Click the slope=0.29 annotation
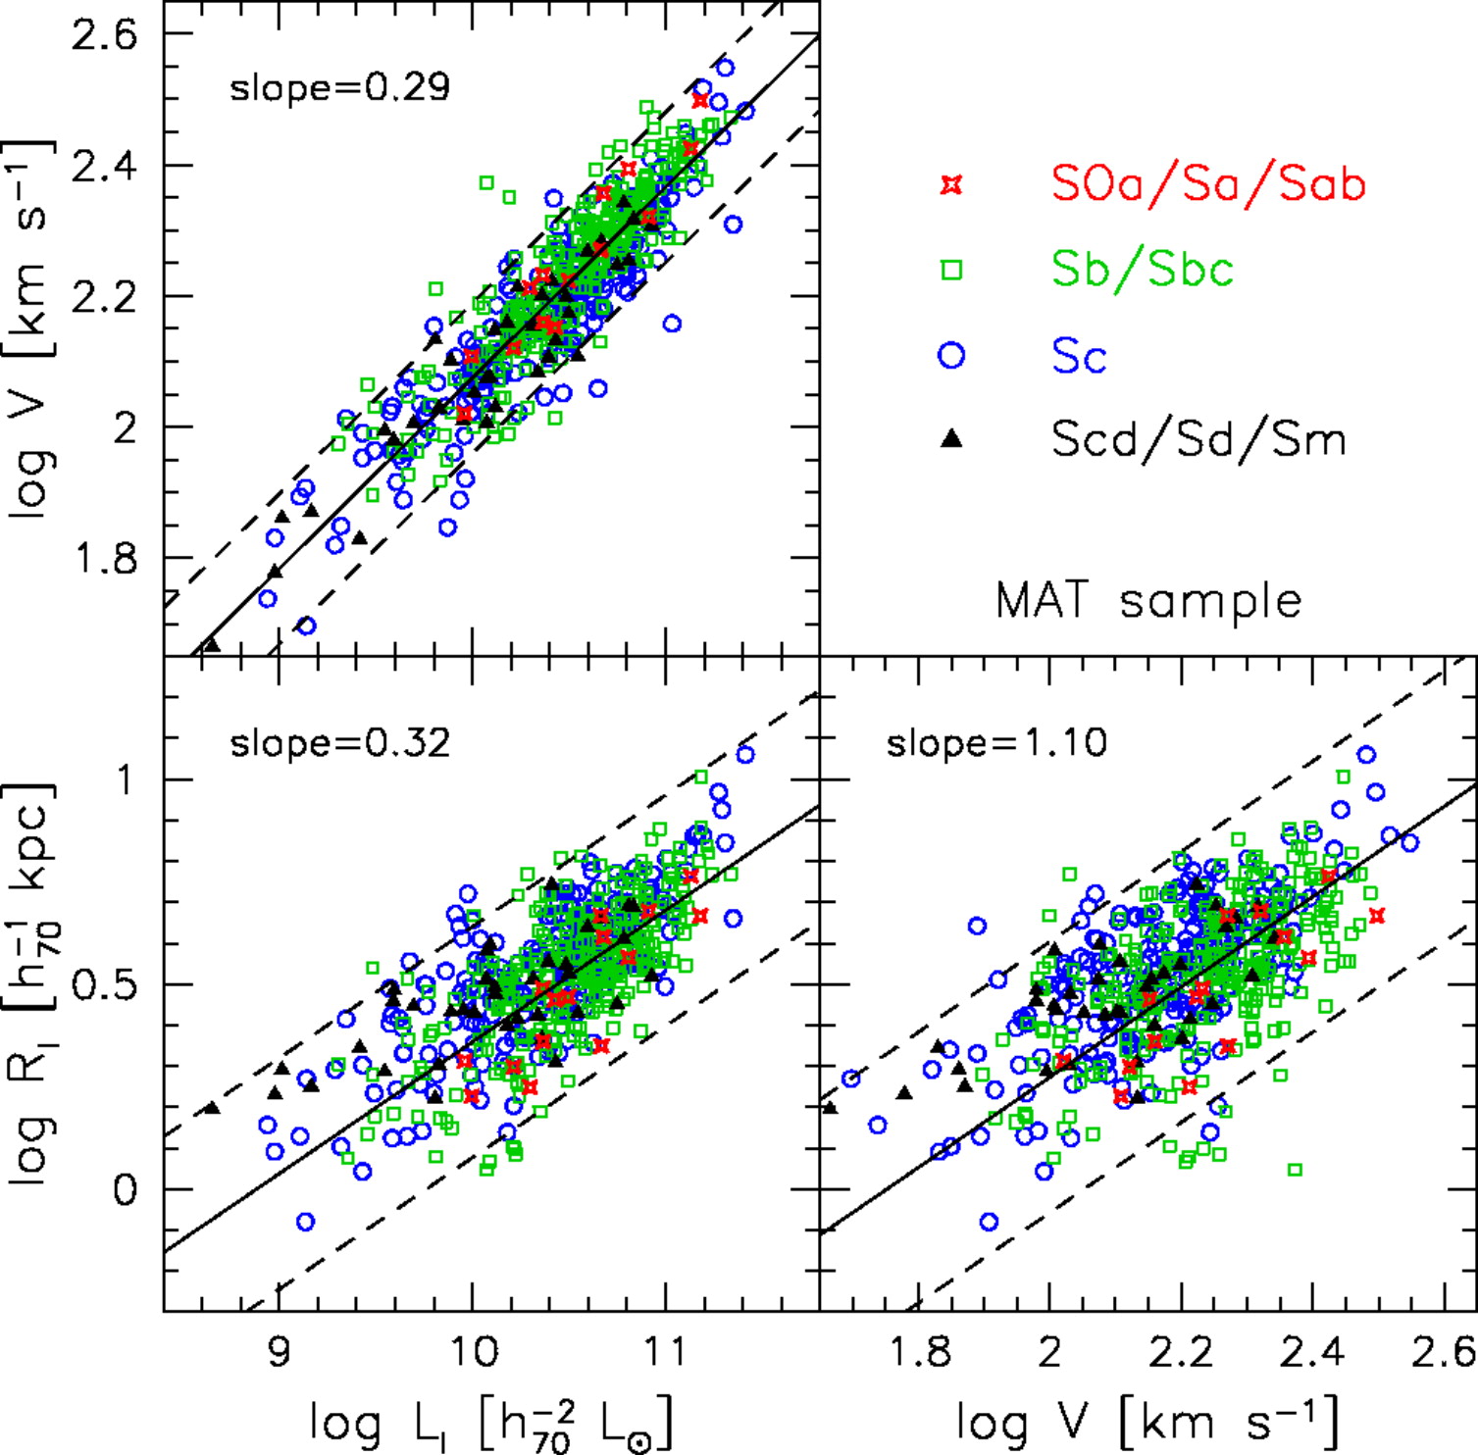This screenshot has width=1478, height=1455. pyautogui.click(x=339, y=88)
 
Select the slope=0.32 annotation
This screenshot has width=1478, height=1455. pyautogui.click(x=339, y=743)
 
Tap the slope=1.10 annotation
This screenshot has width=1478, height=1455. pyautogui.click(x=996, y=743)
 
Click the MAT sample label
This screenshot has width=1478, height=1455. pyautogui.click(x=1148, y=600)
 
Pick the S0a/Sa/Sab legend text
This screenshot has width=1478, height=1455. pyautogui.click(x=1208, y=183)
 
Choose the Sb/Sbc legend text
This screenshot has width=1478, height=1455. pyautogui.click(x=1143, y=269)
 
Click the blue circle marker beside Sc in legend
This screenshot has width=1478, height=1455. pyautogui.click(x=951, y=355)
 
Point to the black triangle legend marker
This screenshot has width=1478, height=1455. pyautogui.click(x=951, y=439)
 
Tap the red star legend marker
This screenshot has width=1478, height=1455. pyautogui.click(x=951, y=184)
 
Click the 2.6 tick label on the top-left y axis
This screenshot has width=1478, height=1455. pyautogui.click(x=105, y=35)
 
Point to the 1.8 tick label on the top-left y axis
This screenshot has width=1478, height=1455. pyautogui.click(x=105, y=559)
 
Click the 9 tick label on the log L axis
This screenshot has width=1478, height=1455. pyautogui.click(x=280, y=1351)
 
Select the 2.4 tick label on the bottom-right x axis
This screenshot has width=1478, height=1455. pyautogui.click(x=1312, y=1351)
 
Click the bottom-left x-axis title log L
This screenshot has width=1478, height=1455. pyautogui.click(x=490, y=1422)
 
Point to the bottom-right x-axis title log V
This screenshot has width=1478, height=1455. pyautogui.click(x=1147, y=1422)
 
